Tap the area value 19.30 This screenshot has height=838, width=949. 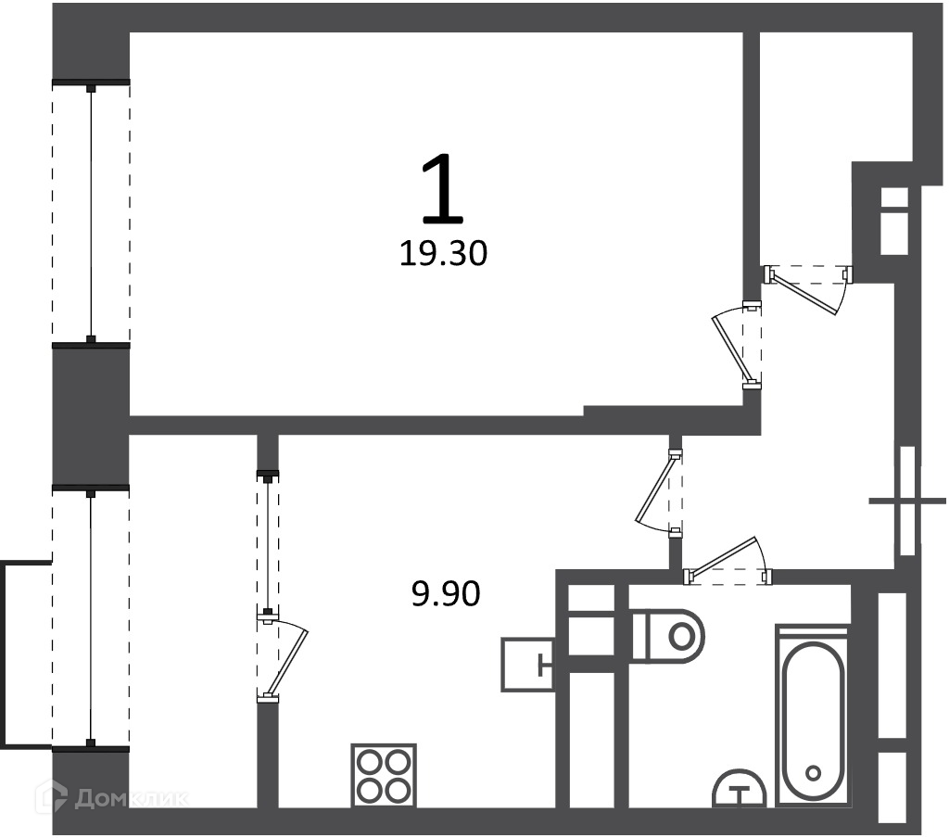pyautogui.click(x=443, y=254)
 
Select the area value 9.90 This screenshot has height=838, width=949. pyautogui.click(x=446, y=594)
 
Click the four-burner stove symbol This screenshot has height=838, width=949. pyautogui.click(x=384, y=776)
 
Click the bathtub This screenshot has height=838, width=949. pyautogui.click(x=813, y=717)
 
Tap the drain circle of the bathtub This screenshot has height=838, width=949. pyautogui.click(x=814, y=772)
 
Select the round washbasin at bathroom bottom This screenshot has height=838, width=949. pyautogui.click(x=739, y=789)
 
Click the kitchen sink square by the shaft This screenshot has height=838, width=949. pyautogui.click(x=527, y=665)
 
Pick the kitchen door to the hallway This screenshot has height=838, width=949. pyautogui.click(x=659, y=493)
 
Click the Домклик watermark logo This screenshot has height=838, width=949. pyautogui.click(x=112, y=797)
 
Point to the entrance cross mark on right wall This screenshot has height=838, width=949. pyautogui.click(x=907, y=501)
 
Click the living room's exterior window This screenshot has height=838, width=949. pyautogui.click(x=91, y=213)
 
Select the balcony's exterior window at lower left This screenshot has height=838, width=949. pyautogui.click(x=91, y=618)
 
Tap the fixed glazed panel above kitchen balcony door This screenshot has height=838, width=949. pyautogui.click(x=268, y=542)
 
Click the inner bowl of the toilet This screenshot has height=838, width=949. pyautogui.click(x=681, y=636)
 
